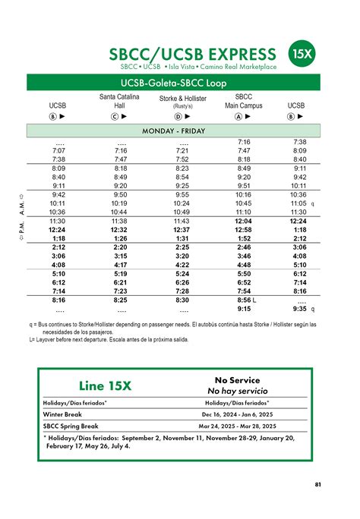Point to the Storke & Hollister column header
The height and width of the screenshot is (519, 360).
183,102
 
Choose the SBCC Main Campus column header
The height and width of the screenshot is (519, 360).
243,102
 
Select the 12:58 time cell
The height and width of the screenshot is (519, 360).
243,229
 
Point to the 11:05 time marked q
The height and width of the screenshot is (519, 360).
298,203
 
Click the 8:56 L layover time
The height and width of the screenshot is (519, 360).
245,300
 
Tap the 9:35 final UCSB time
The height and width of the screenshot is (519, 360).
298,309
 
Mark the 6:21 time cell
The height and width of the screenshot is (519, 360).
118,282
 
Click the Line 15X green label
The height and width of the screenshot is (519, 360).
106,385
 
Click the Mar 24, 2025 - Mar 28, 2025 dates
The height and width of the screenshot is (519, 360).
238,426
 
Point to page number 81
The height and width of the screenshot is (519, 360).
318,484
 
